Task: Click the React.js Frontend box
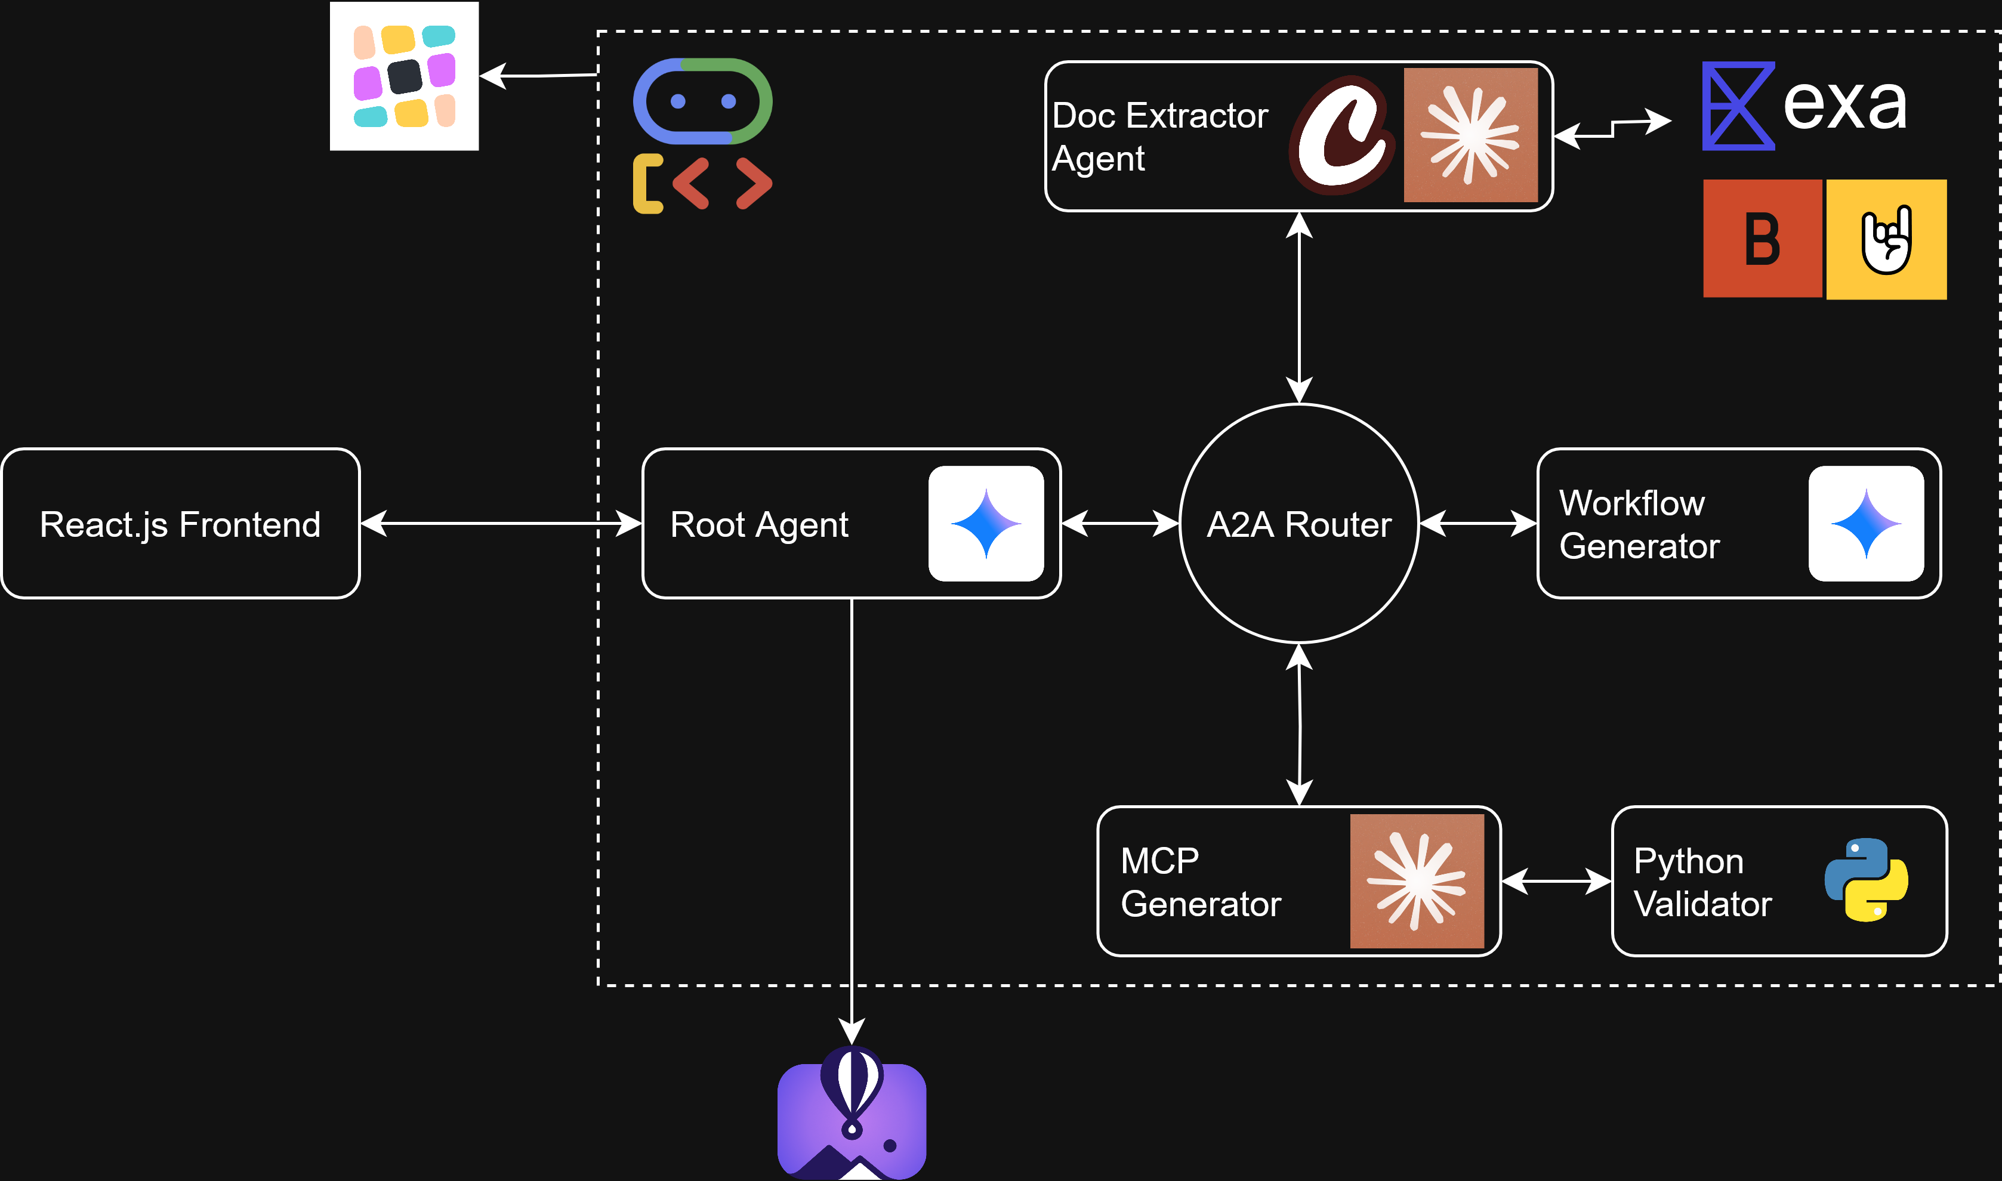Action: point(181,524)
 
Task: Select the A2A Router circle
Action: point(1298,524)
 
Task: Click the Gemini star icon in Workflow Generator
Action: point(1865,524)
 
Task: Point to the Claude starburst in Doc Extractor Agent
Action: point(1470,134)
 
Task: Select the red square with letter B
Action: point(1762,239)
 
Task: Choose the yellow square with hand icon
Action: point(1886,239)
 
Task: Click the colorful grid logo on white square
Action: point(405,76)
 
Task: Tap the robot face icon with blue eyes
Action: point(702,101)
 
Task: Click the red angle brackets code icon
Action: point(721,184)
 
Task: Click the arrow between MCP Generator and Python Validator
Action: point(1556,881)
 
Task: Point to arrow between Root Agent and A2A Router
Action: point(1119,524)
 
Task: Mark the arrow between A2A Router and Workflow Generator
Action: point(1477,524)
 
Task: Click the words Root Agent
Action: point(758,524)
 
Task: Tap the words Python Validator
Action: point(1702,882)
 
